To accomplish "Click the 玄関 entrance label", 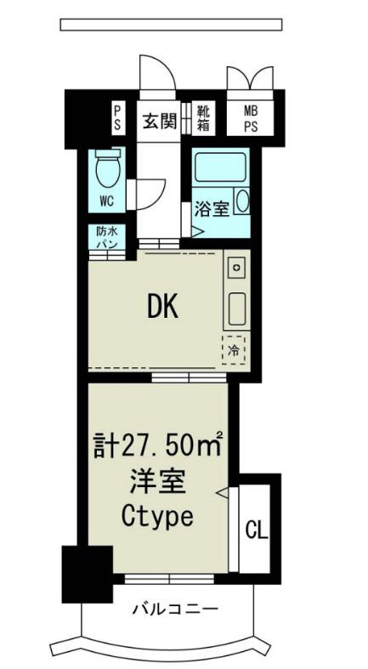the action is point(159,122).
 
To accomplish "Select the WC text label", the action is point(107,201).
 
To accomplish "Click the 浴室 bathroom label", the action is point(212,208).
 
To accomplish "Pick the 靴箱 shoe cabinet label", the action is point(203,118).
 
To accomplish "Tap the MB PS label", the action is point(251,119).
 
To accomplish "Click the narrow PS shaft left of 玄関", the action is point(118,119).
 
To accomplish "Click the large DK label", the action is point(162,307).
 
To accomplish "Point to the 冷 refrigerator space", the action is point(234,350).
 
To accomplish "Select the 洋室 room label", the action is point(158,483).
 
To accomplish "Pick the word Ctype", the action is point(157,518).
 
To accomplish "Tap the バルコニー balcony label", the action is point(174,608).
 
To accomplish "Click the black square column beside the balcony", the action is point(88,574).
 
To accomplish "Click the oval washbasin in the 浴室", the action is point(243,201).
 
